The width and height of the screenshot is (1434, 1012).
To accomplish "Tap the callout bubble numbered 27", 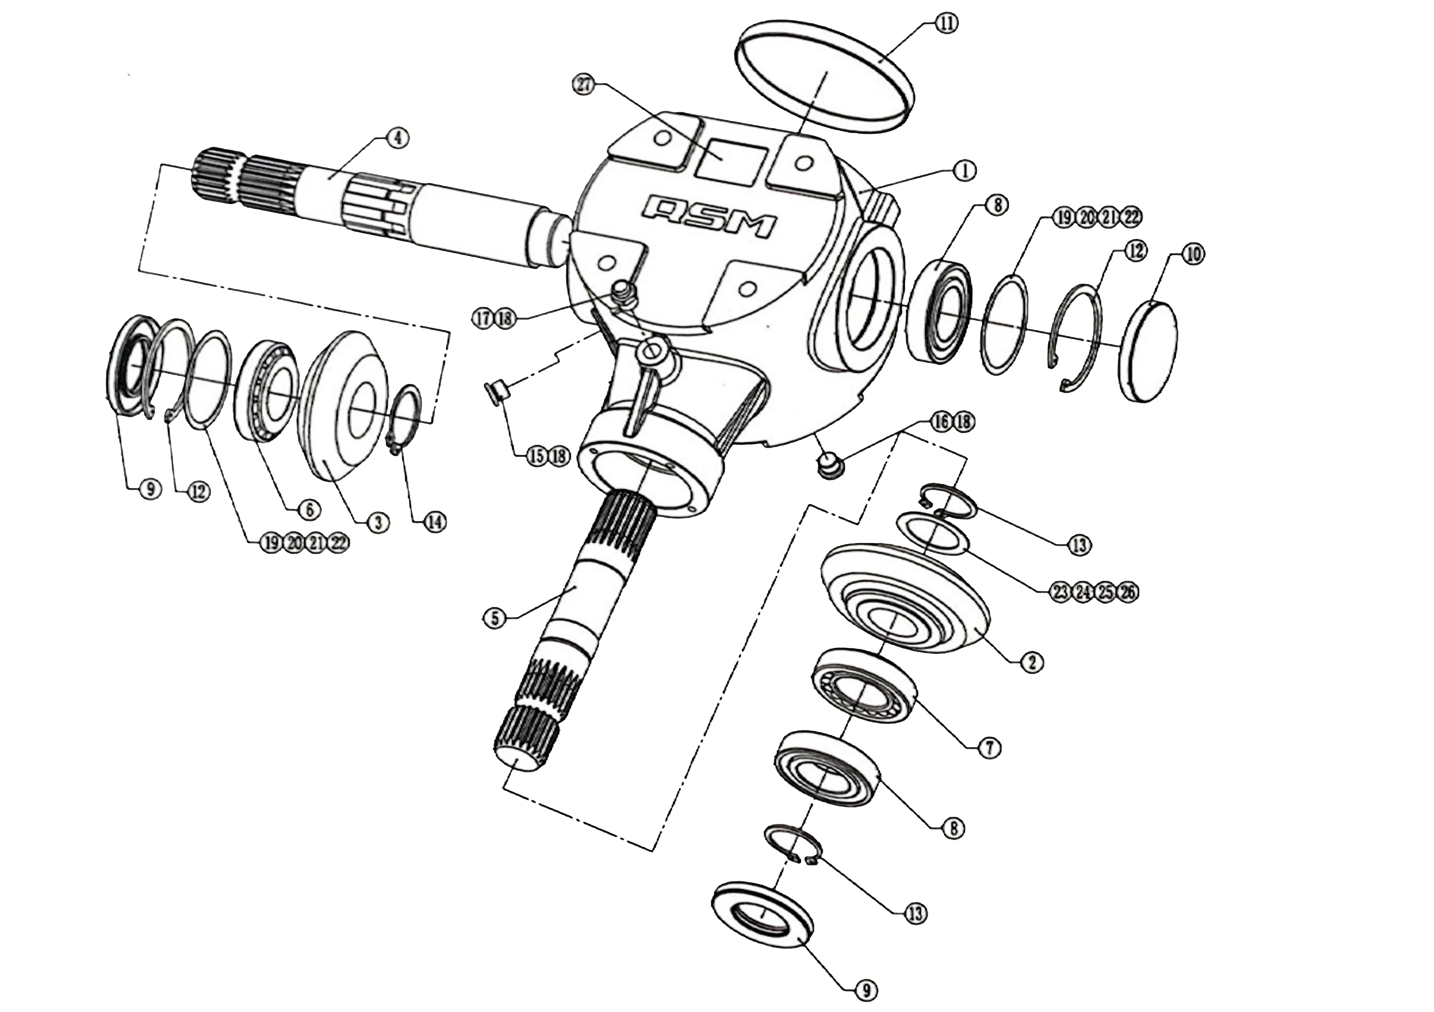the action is (584, 85).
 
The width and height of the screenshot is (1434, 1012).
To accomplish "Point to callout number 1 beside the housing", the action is (965, 170).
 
